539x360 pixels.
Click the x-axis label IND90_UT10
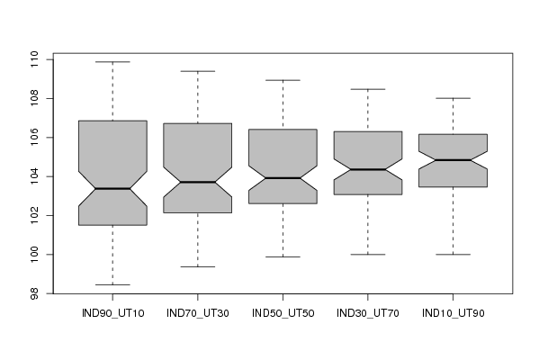point(112,313)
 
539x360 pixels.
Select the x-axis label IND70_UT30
point(198,313)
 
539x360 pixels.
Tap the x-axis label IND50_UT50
point(283,313)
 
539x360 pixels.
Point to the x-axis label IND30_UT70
point(368,313)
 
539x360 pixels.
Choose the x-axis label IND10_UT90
point(453,313)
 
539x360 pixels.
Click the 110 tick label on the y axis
point(34,59)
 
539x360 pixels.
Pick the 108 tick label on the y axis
point(34,98)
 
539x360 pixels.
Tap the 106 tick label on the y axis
point(34,137)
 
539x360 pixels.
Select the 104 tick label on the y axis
point(34,176)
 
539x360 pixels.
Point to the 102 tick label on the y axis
point(34,216)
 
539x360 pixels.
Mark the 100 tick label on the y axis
point(34,255)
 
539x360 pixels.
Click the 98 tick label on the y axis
point(34,293)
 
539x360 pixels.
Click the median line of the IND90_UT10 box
point(112,189)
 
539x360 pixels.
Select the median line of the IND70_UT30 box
point(198,182)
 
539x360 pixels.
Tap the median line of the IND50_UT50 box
point(283,178)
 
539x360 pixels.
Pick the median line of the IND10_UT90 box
point(453,160)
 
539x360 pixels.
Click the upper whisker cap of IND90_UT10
point(112,62)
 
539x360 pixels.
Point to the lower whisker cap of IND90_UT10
point(112,284)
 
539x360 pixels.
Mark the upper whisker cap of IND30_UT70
point(368,89)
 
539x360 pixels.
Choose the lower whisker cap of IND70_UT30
point(198,266)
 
